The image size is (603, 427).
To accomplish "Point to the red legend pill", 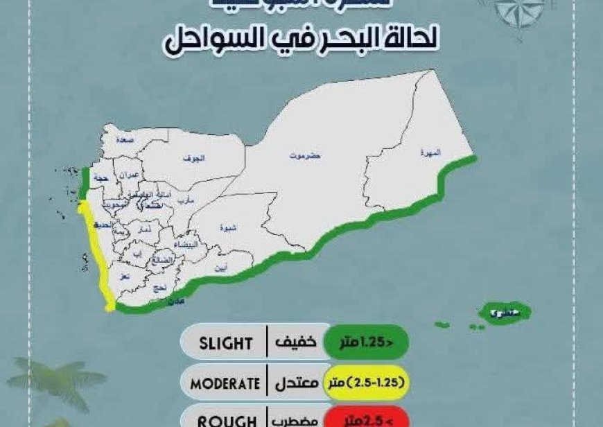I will point(368,418).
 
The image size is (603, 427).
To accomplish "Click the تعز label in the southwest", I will point(125,275).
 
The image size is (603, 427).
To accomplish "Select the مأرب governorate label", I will point(186,200).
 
